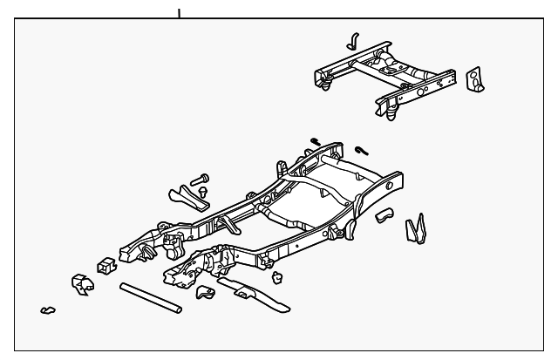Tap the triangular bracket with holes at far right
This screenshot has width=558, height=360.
(x=478, y=78)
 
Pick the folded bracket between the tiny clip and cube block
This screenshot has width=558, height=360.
(x=80, y=283)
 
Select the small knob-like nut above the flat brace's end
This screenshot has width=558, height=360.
(x=277, y=277)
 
